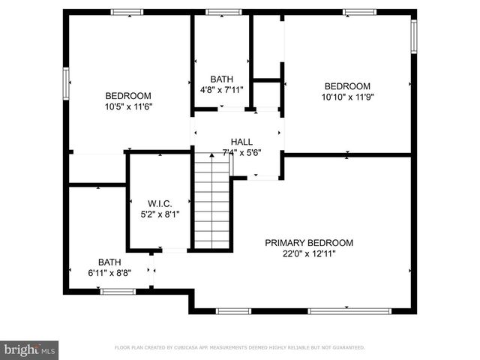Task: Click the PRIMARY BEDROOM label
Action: point(308,243)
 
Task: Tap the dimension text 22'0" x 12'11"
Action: point(308,253)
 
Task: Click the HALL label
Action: point(241,142)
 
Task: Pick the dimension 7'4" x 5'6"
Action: point(241,152)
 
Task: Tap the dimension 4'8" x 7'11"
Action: point(221,90)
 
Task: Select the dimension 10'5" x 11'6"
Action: point(128,106)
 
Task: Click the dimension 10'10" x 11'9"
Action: point(347,97)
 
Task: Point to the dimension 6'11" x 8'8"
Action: point(109,273)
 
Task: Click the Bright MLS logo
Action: point(30,349)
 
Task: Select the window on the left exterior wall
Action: point(66,82)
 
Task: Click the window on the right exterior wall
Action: point(413,36)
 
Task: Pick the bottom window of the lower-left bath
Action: point(118,291)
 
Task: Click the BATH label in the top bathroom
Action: point(221,79)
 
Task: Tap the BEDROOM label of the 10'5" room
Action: point(128,96)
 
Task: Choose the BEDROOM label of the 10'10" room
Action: point(347,86)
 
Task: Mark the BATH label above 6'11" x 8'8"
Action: point(109,262)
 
